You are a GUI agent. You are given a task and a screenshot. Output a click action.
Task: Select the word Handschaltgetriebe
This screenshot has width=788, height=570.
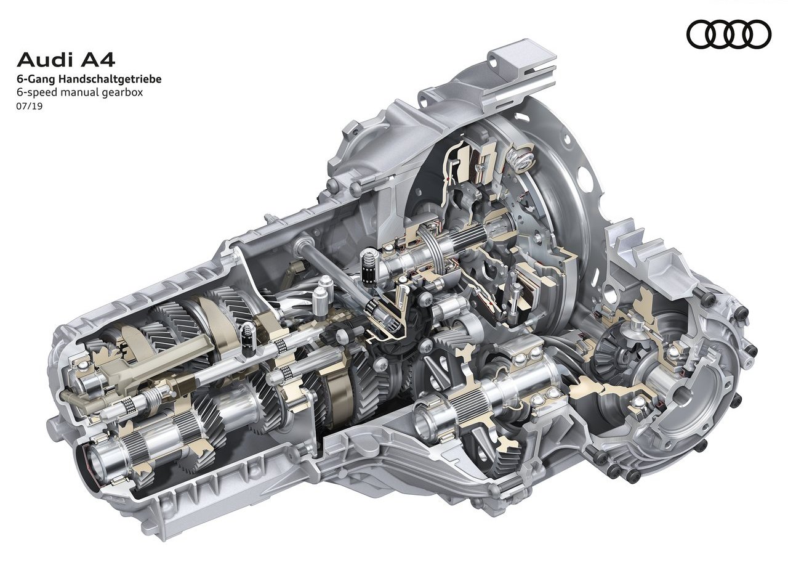click(110, 79)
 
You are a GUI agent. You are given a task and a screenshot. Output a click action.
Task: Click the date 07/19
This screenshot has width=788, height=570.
click(29, 106)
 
